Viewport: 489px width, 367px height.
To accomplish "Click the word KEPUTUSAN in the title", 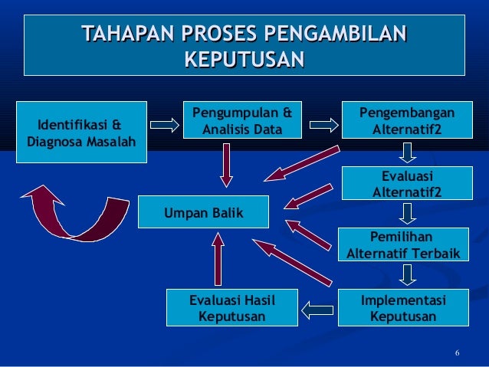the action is [x=244, y=59].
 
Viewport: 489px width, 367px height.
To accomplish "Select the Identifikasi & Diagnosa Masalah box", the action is [x=81, y=132].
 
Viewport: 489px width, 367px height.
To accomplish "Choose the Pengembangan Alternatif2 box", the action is [x=407, y=121].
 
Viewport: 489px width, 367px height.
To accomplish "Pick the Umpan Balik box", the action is [x=203, y=212].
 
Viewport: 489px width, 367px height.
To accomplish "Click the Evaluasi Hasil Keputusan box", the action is [x=231, y=308].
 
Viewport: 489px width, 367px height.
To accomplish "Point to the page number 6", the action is [x=457, y=353].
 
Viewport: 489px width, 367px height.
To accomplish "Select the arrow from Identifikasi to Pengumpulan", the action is [x=163, y=123].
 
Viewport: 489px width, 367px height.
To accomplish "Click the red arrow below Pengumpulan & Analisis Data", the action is [x=226, y=165].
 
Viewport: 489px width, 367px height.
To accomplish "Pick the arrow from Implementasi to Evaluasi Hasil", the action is [x=317, y=310].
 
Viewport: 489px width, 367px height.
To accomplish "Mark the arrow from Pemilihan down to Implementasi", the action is [x=408, y=274].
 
